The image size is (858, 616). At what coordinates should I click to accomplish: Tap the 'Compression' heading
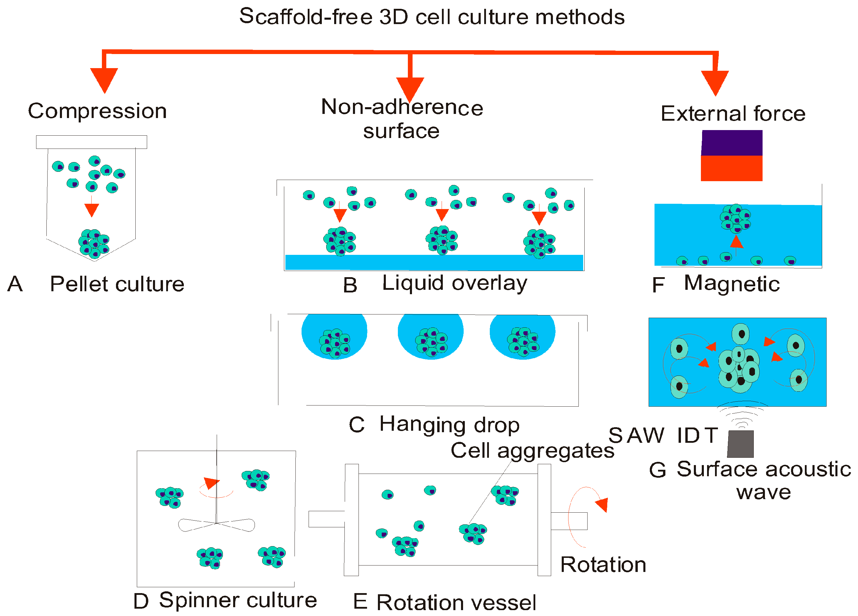[x=97, y=111]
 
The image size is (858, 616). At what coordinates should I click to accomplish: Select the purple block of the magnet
[x=732, y=143]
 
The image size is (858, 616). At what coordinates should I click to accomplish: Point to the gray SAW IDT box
[x=740, y=444]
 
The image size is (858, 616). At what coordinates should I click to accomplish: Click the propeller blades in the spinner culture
[x=216, y=525]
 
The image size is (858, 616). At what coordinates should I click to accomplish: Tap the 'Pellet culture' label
[x=117, y=284]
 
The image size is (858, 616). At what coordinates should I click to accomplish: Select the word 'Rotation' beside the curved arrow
[x=603, y=565]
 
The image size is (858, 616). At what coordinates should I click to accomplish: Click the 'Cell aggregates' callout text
[x=532, y=451]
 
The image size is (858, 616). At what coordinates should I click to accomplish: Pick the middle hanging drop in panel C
[x=430, y=337]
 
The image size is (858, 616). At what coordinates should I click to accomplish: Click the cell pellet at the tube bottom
[x=94, y=243]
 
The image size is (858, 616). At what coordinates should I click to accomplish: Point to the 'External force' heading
[x=733, y=114]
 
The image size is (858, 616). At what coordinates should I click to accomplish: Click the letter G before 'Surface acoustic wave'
[x=657, y=470]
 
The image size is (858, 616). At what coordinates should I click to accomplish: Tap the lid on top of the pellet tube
[x=92, y=142]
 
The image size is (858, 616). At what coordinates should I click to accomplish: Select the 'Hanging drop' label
[x=450, y=425]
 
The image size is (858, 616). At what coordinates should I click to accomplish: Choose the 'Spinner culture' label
[x=238, y=600]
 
